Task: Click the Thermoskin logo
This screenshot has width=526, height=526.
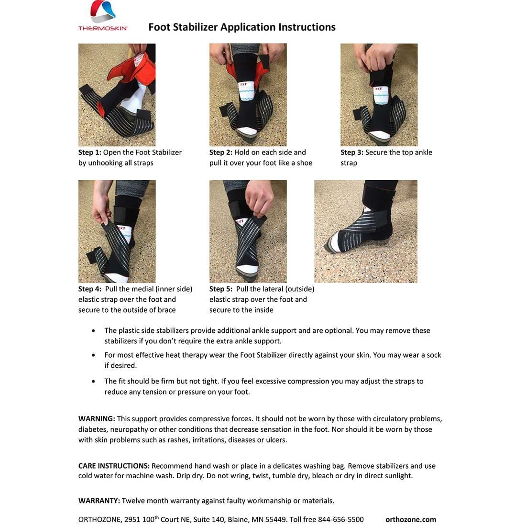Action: coord(103,16)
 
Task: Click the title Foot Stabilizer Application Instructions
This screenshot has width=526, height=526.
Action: coord(242,27)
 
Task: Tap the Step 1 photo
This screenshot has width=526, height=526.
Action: coord(117,95)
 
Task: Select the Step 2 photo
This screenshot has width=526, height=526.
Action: coord(248,95)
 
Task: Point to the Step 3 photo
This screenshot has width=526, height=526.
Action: coord(379,95)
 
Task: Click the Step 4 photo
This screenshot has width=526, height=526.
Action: coord(117,231)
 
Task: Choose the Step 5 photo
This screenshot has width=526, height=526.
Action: coord(248,231)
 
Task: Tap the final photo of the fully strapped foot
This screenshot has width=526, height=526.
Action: coord(366,231)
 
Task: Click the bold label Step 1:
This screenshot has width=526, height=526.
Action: coord(90,153)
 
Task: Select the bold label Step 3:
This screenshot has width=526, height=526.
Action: coord(352,153)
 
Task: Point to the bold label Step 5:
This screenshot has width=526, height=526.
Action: coord(221,289)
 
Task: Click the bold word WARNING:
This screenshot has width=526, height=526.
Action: coord(97,419)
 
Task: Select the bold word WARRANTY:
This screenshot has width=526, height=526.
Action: coord(99,501)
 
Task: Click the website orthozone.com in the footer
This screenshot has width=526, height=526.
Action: coord(411,519)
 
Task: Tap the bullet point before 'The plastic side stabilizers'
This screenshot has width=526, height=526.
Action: coord(93,331)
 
